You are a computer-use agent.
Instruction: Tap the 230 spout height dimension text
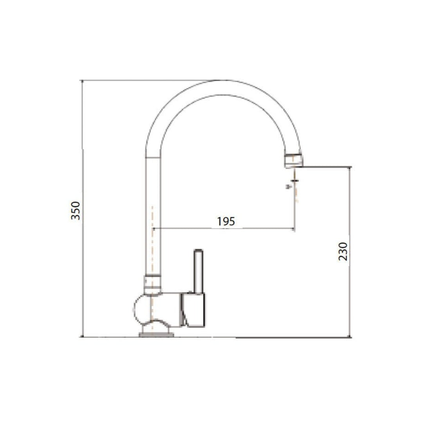click(x=343, y=252)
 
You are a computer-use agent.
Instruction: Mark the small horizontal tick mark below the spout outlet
click(x=294, y=181)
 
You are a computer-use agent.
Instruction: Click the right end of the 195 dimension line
click(x=295, y=228)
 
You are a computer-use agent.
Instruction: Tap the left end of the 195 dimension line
click(x=153, y=228)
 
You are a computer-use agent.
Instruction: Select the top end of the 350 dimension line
click(x=82, y=81)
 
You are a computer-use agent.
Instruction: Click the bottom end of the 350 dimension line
click(x=82, y=337)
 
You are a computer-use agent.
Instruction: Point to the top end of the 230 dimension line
click(x=350, y=167)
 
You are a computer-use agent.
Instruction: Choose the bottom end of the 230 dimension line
click(x=350, y=337)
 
